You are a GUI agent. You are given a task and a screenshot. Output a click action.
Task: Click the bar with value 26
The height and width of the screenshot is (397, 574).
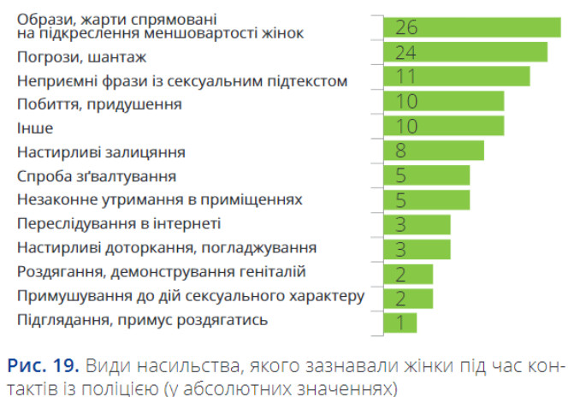[x=471, y=27]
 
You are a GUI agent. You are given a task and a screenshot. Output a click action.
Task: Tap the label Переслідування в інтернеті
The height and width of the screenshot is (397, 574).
[x=120, y=224]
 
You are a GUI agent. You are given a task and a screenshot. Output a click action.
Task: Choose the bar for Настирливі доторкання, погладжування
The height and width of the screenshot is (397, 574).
[x=416, y=249]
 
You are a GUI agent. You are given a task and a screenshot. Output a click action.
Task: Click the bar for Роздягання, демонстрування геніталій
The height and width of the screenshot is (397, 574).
[x=407, y=274]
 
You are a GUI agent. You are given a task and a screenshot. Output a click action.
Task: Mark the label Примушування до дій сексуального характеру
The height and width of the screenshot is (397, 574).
[x=191, y=297]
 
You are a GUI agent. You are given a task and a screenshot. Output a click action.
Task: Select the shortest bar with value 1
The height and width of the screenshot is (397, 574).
[x=399, y=322]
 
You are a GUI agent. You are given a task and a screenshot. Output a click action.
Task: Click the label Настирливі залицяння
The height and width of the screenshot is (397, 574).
[x=102, y=152]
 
